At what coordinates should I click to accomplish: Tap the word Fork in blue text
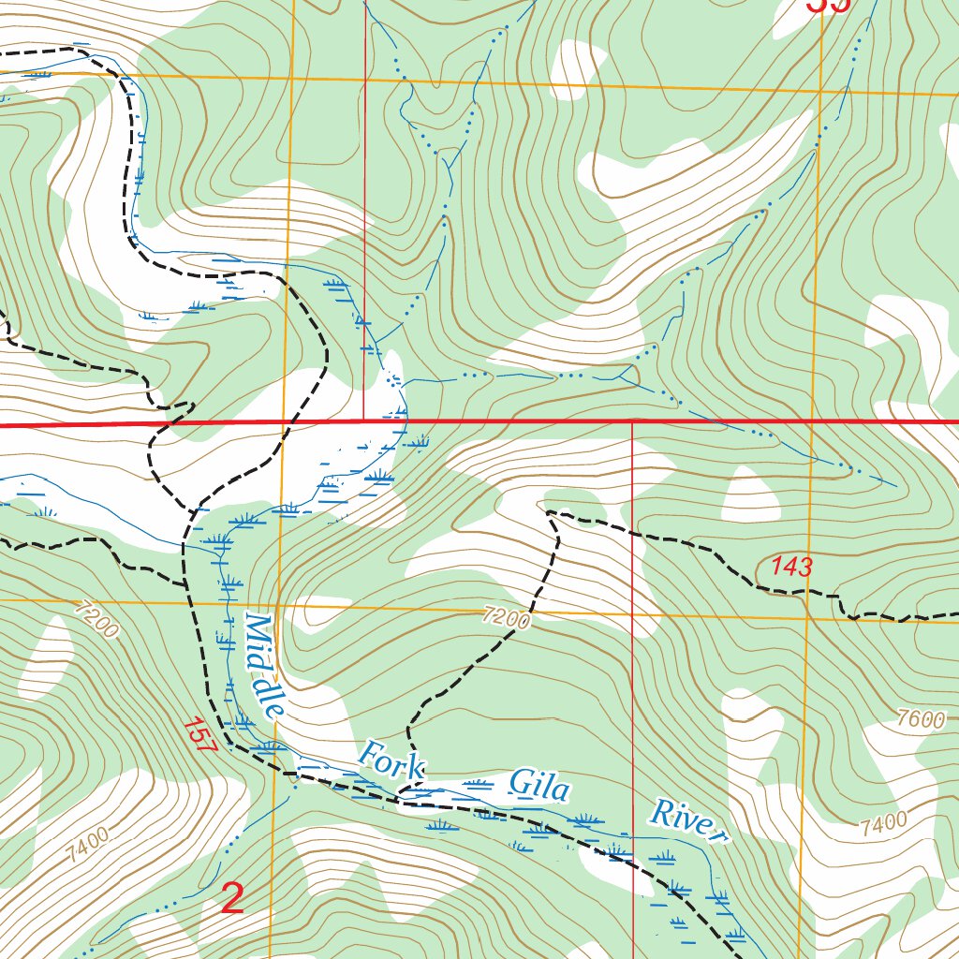pyautogui.click(x=391, y=760)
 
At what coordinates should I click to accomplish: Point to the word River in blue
pyautogui.click(x=690, y=819)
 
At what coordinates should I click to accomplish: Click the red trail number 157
pyautogui.click(x=200, y=734)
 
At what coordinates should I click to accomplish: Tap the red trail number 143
pyautogui.click(x=791, y=567)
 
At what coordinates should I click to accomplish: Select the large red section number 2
pyautogui.click(x=232, y=898)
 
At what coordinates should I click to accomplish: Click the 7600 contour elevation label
pyautogui.click(x=921, y=719)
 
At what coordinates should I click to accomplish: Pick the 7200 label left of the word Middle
pyautogui.click(x=95, y=620)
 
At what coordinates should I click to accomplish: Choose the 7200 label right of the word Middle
pyautogui.click(x=508, y=617)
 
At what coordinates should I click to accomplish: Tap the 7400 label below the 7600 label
pyautogui.click(x=882, y=823)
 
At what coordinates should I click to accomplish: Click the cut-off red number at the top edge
pyautogui.click(x=829, y=5)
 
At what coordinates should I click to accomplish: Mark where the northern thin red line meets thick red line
pyautogui.click(x=364, y=422)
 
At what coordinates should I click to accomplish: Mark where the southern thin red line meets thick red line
pyautogui.click(x=634, y=422)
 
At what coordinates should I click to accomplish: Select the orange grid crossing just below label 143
pyautogui.click(x=806, y=618)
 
